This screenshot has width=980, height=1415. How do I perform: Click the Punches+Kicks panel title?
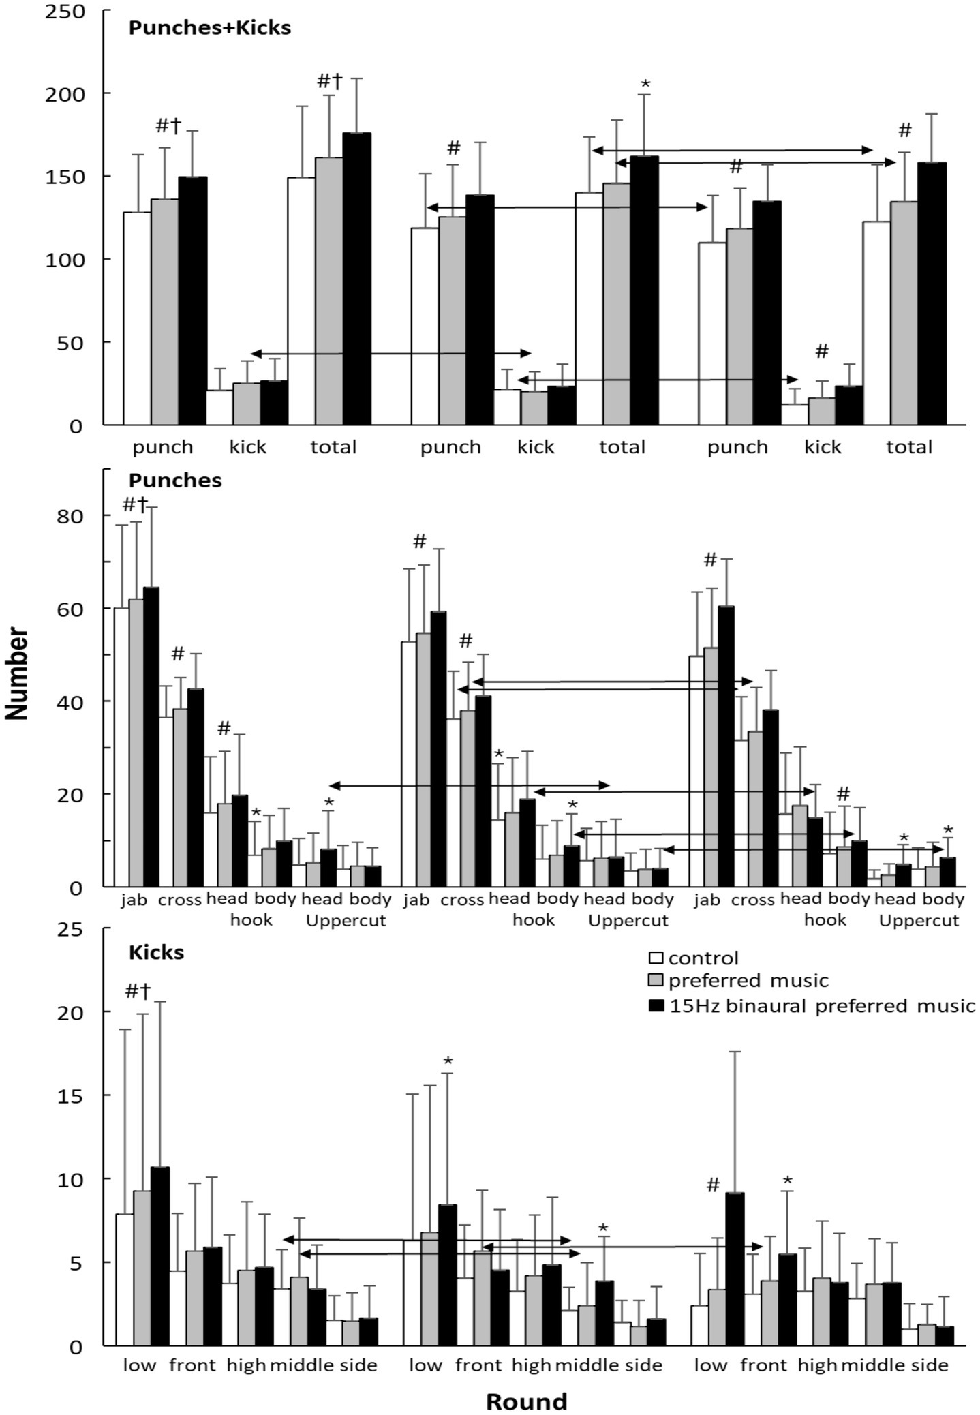click(x=209, y=28)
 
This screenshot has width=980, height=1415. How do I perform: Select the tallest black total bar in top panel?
click(x=356, y=279)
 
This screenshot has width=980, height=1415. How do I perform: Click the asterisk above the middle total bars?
click(x=645, y=85)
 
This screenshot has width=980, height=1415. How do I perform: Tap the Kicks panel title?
click(x=156, y=952)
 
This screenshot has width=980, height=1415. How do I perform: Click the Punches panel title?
click(x=175, y=481)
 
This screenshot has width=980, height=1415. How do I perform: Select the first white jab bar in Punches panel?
click(x=121, y=746)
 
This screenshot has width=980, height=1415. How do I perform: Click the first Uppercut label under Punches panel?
click(x=346, y=921)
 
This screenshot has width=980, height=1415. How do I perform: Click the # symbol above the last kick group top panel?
click(x=822, y=351)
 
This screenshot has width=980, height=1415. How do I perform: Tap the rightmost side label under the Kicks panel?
click(x=930, y=1365)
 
